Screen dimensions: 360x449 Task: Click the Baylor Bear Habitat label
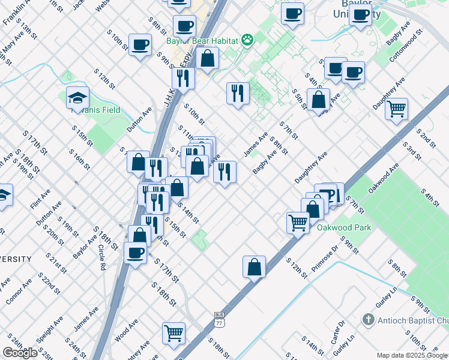coord(202,41)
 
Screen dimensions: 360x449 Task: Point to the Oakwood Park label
coord(344,227)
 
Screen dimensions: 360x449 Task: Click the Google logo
coord(20,353)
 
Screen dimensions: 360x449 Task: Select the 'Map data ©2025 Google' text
coord(412,355)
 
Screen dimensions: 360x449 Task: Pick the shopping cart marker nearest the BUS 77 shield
coord(174,332)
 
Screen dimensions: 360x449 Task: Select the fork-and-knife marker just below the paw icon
coord(238,92)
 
